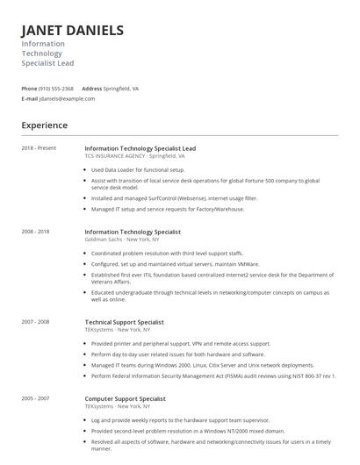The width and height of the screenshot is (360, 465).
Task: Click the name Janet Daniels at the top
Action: (x=72, y=31)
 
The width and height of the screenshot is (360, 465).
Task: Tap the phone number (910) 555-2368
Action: (x=56, y=89)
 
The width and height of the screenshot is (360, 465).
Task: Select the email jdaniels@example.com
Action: (x=67, y=99)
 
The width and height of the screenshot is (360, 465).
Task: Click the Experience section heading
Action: (x=45, y=125)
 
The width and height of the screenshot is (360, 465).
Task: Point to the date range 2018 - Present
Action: (x=39, y=148)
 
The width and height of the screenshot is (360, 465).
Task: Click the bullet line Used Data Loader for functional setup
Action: (x=138, y=169)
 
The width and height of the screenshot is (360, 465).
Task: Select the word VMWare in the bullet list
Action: (x=248, y=263)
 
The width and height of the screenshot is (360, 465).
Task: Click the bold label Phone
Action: (x=29, y=89)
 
